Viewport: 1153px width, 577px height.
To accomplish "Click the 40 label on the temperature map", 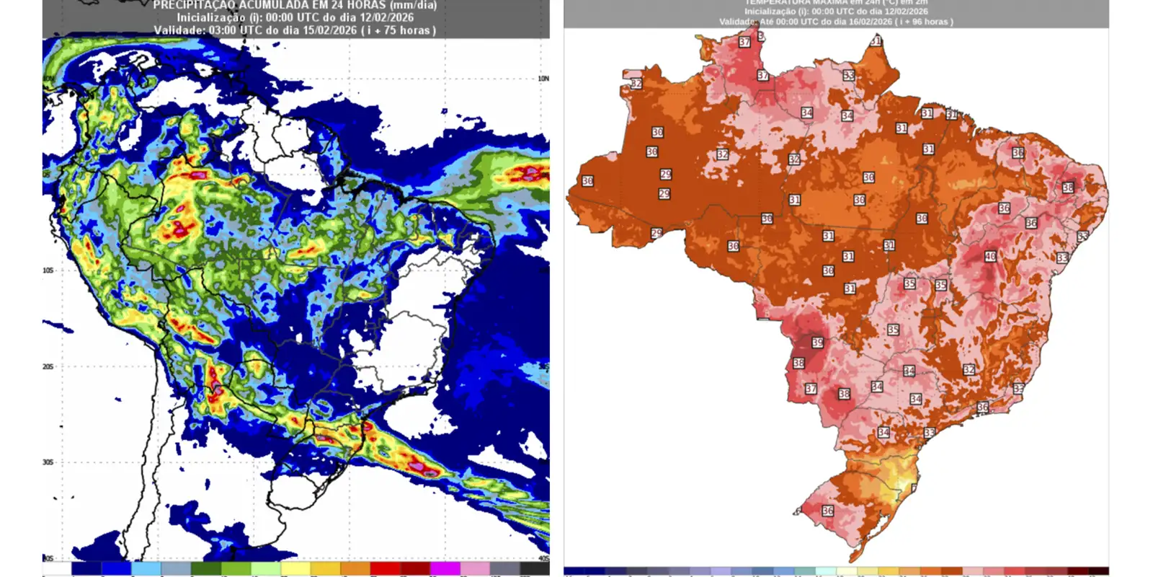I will pyautogui.click(x=990, y=257).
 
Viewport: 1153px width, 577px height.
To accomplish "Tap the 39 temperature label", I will pyautogui.click(x=817, y=343).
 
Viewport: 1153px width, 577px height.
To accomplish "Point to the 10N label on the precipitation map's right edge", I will pyautogui.click(x=543, y=79).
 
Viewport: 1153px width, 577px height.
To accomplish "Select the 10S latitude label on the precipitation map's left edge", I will pyautogui.click(x=48, y=270).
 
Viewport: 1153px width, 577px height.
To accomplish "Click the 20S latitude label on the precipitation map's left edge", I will pyautogui.click(x=48, y=366).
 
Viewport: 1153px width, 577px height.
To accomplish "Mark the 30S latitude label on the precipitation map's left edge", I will pyautogui.click(x=48, y=462).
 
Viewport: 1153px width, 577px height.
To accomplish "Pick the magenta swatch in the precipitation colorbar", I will pyautogui.click(x=445, y=569).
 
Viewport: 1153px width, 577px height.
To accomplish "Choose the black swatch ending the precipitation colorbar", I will pyautogui.click(x=534, y=569).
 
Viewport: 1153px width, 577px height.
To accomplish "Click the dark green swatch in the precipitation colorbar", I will pyautogui.click(x=205, y=569).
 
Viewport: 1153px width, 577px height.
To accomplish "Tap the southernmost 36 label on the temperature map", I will pyautogui.click(x=827, y=511).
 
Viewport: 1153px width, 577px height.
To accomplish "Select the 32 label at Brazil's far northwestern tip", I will pyautogui.click(x=636, y=84).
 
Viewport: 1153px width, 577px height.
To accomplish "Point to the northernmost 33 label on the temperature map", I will pyautogui.click(x=849, y=76).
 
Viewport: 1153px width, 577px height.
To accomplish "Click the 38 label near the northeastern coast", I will pyautogui.click(x=1068, y=188).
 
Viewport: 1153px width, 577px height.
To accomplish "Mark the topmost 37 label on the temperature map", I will pyautogui.click(x=744, y=43).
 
